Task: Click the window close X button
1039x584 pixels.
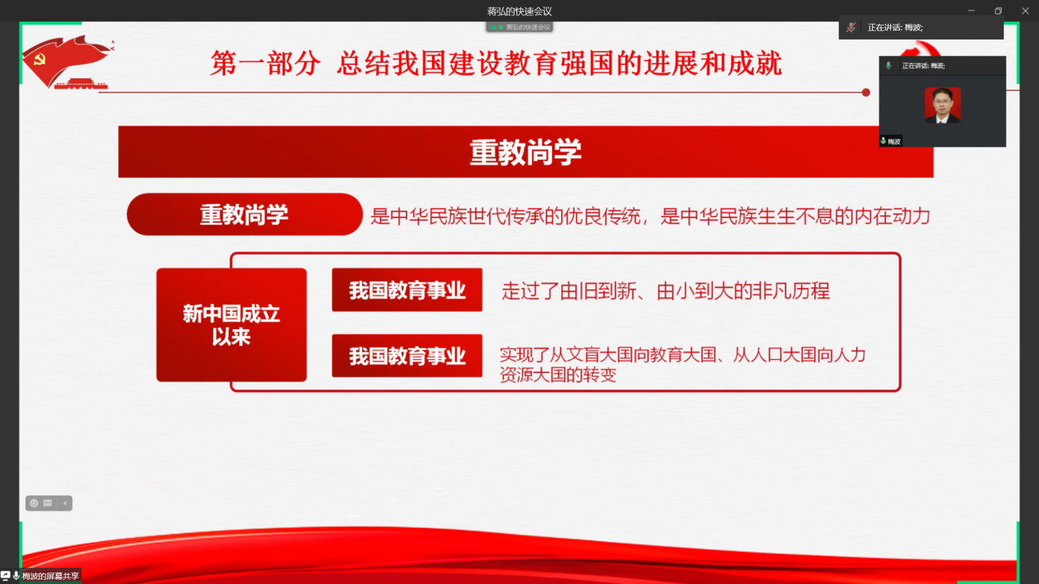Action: (x=1025, y=11)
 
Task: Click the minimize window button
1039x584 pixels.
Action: (x=971, y=11)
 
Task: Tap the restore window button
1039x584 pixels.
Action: (x=998, y=11)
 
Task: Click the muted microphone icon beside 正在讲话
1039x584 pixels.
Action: (x=851, y=28)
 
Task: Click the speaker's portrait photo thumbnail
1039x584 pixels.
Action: (x=942, y=105)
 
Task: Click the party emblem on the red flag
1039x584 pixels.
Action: (x=40, y=59)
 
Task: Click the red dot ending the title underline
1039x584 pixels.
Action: (x=865, y=92)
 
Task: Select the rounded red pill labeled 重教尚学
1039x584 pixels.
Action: (x=244, y=214)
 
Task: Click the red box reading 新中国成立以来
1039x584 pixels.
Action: (x=232, y=325)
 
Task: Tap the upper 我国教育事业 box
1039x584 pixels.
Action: (x=407, y=290)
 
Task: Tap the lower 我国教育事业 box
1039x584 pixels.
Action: (x=407, y=355)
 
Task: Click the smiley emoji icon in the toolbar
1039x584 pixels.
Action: (x=34, y=503)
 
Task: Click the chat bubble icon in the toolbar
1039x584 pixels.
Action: (x=48, y=503)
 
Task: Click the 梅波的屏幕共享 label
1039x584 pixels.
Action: (x=51, y=576)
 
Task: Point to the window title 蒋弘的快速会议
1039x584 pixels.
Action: (x=519, y=11)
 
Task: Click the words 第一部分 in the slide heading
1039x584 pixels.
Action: (x=265, y=63)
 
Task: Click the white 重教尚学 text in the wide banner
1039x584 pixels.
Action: (x=526, y=152)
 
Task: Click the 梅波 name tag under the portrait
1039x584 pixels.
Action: (x=891, y=141)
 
